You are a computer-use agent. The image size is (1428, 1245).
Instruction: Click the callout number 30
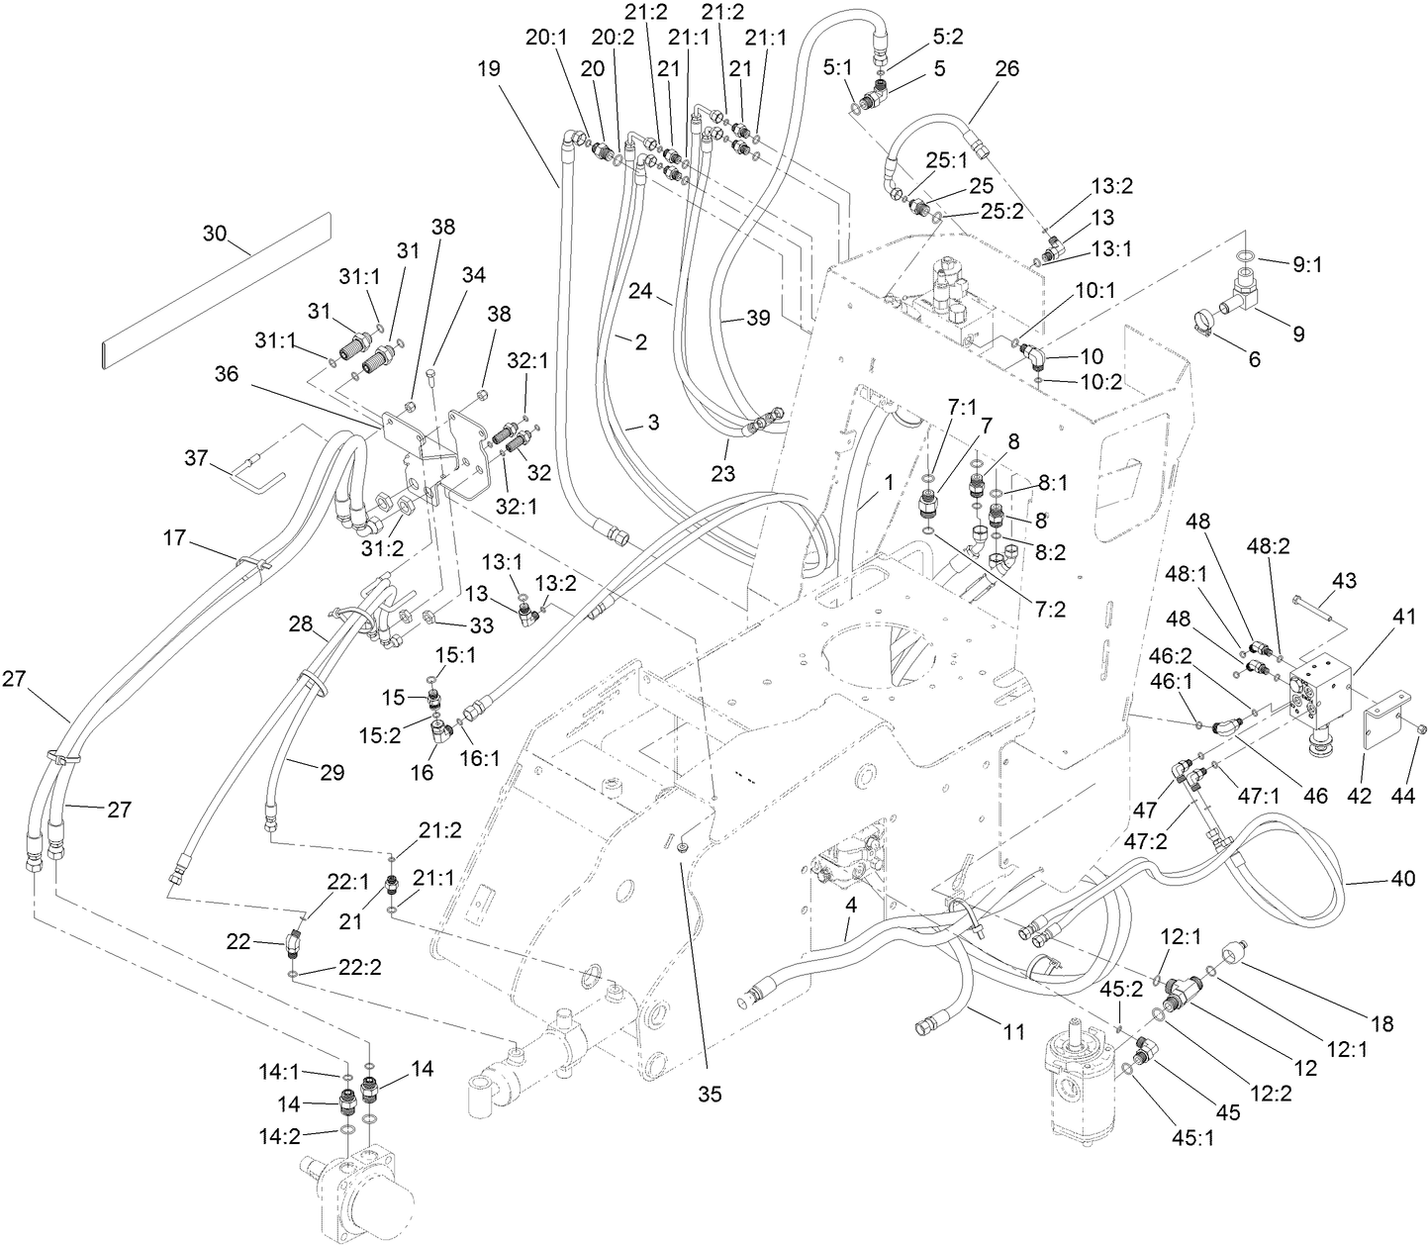coord(214,235)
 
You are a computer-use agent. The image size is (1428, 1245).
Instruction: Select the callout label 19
coord(488,68)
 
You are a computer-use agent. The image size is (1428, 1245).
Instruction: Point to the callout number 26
coord(1006,69)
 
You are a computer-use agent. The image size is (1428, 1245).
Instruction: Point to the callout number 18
coord(1381,1024)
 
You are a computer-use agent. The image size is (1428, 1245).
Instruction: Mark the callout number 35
coord(710,1094)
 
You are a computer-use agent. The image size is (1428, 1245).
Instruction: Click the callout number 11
coord(1012,1032)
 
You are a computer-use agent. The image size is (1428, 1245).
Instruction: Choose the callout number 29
coord(332,772)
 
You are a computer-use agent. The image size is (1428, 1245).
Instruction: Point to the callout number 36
coord(229,374)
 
